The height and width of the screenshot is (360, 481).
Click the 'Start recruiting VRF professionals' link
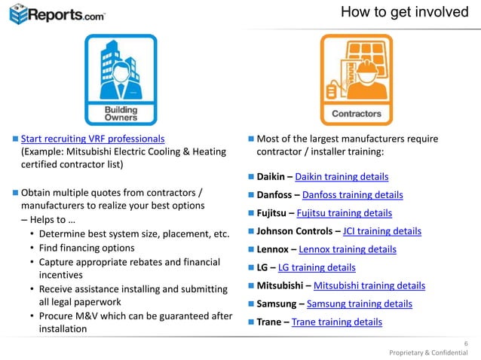93,139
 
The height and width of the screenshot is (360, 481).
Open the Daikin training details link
341,177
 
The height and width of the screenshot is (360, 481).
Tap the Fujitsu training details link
345,213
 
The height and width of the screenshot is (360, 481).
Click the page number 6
465,343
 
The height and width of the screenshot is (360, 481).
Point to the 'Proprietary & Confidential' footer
427,352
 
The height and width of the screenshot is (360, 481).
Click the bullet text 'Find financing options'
87,248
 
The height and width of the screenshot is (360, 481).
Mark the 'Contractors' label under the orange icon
356,114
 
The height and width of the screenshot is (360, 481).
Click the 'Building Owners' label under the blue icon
120,114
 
